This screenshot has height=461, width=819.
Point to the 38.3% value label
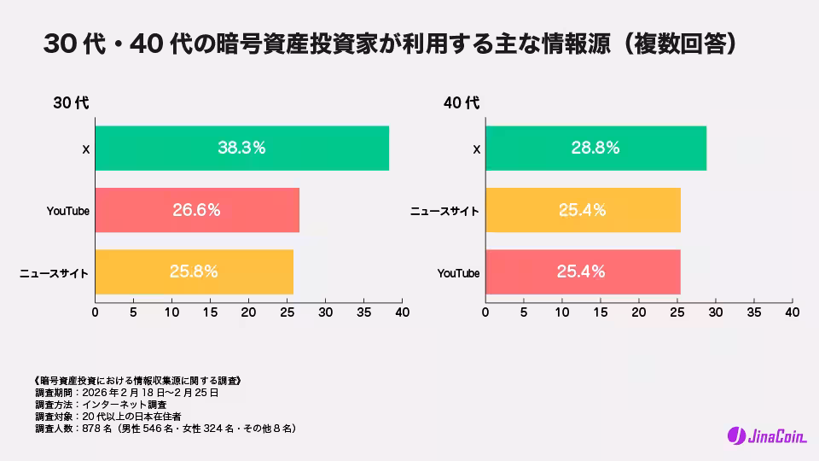click(x=241, y=148)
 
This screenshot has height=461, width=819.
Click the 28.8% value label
click(x=595, y=148)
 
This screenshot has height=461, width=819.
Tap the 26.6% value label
click(x=196, y=210)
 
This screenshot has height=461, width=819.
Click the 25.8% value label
click(x=194, y=271)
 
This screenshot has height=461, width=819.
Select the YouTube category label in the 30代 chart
click(x=68, y=211)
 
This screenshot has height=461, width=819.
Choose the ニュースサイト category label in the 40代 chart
click(x=444, y=211)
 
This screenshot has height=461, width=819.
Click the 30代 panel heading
click(x=71, y=103)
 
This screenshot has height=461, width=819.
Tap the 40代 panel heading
click(x=462, y=103)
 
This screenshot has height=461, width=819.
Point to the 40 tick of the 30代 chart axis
click(x=402, y=312)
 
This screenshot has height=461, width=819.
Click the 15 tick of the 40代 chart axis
click(x=601, y=312)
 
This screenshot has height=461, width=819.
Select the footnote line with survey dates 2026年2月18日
click(x=127, y=393)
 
